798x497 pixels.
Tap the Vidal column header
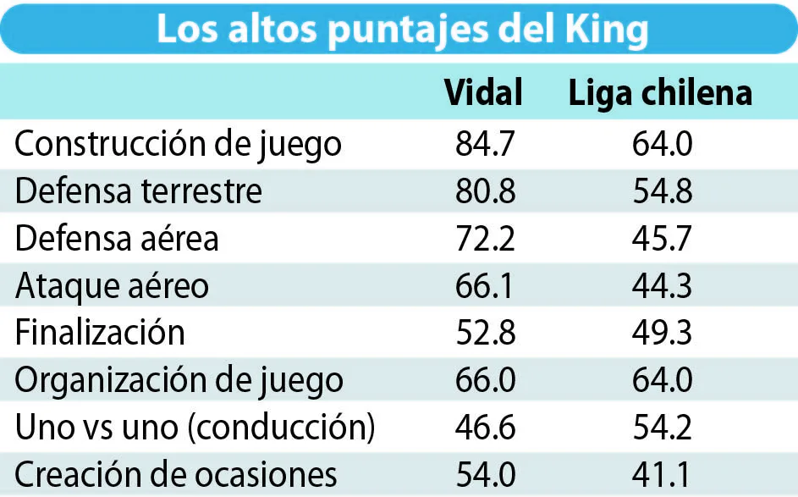[x=483, y=92]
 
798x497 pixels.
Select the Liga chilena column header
[x=660, y=95]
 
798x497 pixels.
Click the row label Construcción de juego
[x=178, y=145]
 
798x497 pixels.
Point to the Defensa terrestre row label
[x=139, y=191]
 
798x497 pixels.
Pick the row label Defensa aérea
[x=117, y=238]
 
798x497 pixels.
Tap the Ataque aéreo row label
[x=112, y=286]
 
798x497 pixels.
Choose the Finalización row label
[x=100, y=333]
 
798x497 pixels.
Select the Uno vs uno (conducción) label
[x=195, y=427]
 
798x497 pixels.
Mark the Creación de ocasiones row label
[x=175, y=474]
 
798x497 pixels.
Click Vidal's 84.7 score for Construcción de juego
[x=485, y=144]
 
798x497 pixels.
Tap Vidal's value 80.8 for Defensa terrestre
[x=486, y=191]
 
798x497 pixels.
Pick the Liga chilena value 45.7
[x=662, y=238]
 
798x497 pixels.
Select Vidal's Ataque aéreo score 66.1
[x=485, y=285]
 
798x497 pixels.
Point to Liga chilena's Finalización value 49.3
[x=662, y=333]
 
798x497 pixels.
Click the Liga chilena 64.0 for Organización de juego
[x=662, y=380]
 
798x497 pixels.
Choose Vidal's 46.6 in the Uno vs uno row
[x=486, y=427]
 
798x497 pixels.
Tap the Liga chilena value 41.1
[x=661, y=474]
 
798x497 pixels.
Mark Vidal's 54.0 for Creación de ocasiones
[x=486, y=474]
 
